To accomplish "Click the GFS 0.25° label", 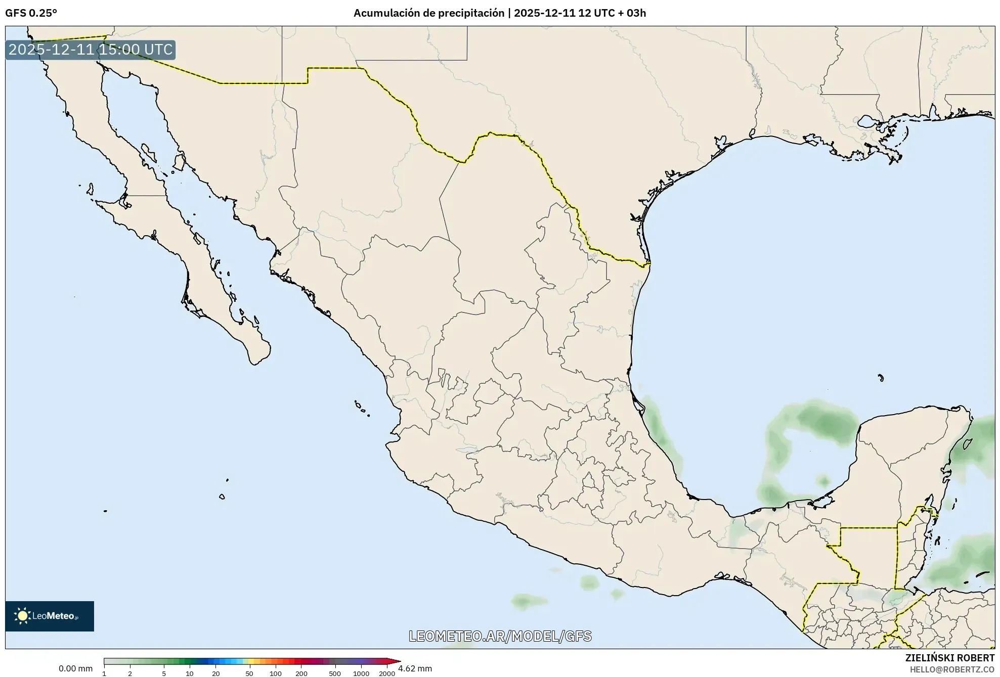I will click(31, 13).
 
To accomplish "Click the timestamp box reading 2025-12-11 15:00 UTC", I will click(91, 50).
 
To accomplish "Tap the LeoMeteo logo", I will click(50, 616).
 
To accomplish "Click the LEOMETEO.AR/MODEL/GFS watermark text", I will click(500, 636).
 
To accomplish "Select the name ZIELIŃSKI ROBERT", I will click(949, 658).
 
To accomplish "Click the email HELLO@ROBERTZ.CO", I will click(952, 669).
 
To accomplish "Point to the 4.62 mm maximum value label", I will click(415, 668).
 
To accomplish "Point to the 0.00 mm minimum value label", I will click(75, 668).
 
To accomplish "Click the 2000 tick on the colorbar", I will click(387, 673).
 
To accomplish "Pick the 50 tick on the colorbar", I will click(249, 673).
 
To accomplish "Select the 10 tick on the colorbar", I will click(190, 673).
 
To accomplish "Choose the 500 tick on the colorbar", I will click(334, 673).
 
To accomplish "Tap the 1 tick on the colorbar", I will click(104, 673).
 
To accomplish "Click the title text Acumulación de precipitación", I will click(429, 13).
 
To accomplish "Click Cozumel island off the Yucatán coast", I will click(968, 444).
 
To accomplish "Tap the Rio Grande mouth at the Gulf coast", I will click(649, 263).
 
